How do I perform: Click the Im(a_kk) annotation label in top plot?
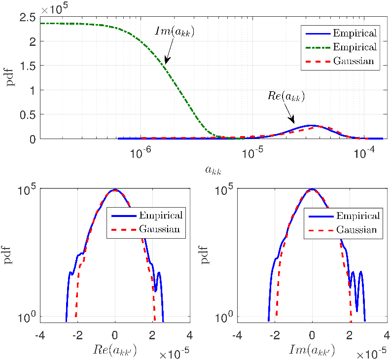point(175,32)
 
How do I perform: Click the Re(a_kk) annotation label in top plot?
point(286,96)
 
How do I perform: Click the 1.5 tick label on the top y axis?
point(28,66)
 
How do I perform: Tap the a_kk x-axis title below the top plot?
point(213,170)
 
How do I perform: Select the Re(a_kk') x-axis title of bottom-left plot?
point(115,350)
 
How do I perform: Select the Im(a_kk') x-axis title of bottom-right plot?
point(312,350)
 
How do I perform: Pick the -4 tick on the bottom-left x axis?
point(40,335)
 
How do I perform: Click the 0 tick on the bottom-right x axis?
point(312,335)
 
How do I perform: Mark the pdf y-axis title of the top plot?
point(10,78)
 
